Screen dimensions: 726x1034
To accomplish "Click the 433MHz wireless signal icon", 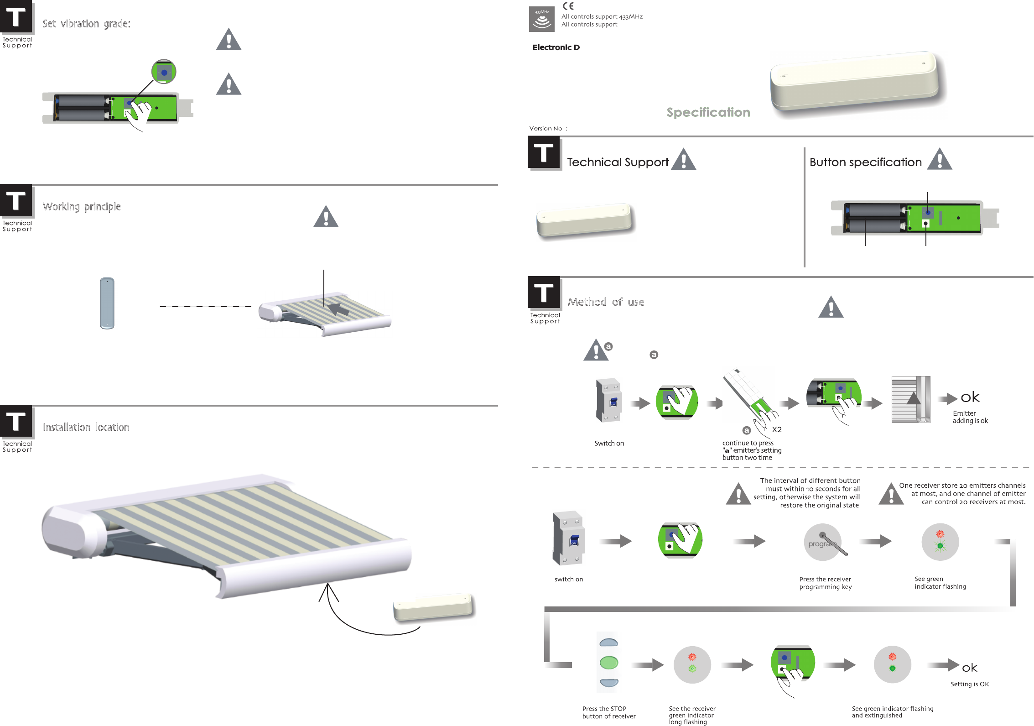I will click(541, 19).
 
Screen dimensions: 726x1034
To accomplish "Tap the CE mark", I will click(568, 6).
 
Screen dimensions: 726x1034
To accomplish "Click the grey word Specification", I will click(708, 112).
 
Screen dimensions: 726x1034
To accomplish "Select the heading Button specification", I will click(865, 162).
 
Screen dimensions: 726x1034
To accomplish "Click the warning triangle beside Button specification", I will click(940, 160).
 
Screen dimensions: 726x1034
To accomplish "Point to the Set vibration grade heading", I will click(86, 24).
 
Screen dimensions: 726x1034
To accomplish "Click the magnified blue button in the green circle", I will click(164, 72).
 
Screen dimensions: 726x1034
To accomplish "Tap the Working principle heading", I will click(82, 207).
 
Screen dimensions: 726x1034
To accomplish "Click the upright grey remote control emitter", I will click(107, 303).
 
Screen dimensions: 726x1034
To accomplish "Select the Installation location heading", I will click(86, 427).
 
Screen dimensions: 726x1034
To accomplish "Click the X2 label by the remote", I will click(776, 430).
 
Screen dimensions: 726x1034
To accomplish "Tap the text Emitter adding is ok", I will click(970, 417).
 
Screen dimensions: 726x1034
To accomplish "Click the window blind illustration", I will click(910, 400).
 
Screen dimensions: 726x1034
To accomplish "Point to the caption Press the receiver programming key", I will click(825, 583).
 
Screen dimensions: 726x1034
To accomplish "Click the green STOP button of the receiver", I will click(608, 662).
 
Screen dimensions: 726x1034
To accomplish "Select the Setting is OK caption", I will click(969, 684).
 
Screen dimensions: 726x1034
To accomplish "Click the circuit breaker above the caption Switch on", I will click(608, 400).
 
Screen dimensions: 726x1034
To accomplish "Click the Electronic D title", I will click(556, 47).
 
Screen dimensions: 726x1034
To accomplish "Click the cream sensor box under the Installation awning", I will click(433, 607).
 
